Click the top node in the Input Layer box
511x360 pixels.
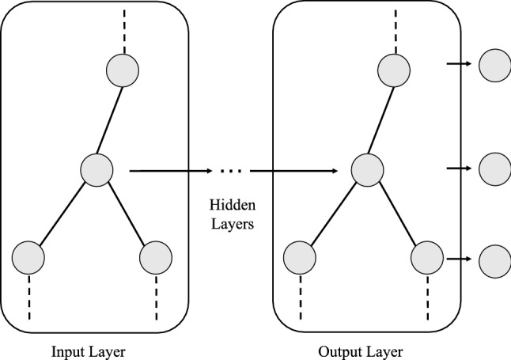tap(123, 70)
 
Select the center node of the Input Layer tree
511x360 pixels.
tap(97, 169)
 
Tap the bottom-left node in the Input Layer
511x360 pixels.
tap(28, 258)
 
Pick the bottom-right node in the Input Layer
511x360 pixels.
tap(155, 258)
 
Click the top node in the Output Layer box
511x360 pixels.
tap(393, 70)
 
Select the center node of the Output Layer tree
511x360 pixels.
tap(368, 169)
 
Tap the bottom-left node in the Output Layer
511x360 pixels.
tap(300, 258)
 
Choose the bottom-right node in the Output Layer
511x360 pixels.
tap(426, 258)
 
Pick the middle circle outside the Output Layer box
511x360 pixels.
tap(495, 168)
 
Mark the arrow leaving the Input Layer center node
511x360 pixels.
tap(170, 169)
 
